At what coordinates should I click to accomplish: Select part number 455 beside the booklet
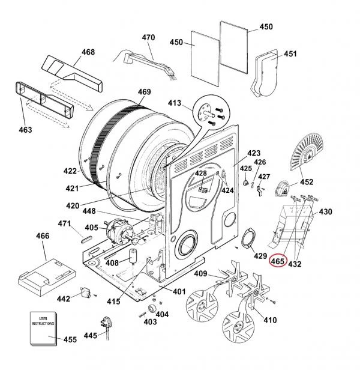(70, 340)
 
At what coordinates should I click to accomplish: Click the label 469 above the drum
(144, 92)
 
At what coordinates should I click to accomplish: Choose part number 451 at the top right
(290, 54)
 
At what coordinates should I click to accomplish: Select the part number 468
(88, 52)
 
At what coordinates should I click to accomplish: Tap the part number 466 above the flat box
(43, 237)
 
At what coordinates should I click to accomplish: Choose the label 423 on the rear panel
(254, 153)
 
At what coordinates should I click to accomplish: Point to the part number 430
(325, 212)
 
